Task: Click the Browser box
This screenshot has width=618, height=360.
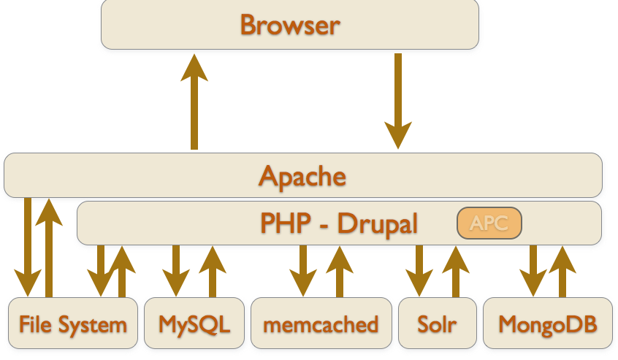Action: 290,26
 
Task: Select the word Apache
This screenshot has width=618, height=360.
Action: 302,176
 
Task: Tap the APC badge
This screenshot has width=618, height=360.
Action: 489,223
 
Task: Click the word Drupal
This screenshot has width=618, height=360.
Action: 378,223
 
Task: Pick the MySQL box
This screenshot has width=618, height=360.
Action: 194,323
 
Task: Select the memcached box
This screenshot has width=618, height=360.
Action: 321,323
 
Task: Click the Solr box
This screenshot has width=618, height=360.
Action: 437,323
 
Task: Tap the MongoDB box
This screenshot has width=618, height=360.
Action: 546,323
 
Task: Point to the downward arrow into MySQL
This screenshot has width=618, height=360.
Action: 176,270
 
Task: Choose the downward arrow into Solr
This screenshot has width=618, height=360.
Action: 420,270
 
